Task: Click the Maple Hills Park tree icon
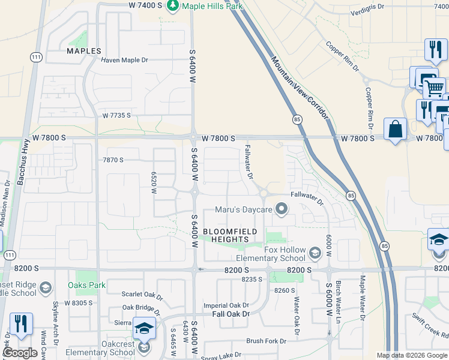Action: [173, 5]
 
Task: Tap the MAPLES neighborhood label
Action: [83, 51]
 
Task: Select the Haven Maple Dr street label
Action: [124, 60]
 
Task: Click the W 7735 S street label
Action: [116, 115]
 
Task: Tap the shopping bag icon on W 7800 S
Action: [395, 129]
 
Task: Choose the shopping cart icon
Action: [434, 89]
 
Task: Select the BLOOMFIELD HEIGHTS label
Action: [230, 235]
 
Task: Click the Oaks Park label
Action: [86, 284]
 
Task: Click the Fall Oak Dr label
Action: [230, 314]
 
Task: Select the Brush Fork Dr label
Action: [266, 341]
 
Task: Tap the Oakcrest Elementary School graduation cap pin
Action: [143, 329]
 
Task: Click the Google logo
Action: [20, 353]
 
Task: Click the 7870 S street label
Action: [112, 160]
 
